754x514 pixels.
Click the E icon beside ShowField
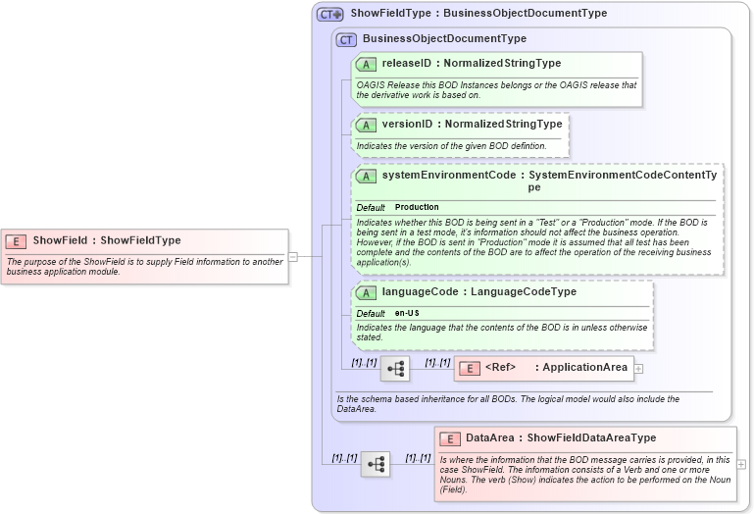coord(16,240)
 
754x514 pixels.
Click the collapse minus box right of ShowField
coord(292,257)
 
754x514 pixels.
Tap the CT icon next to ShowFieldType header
coord(330,15)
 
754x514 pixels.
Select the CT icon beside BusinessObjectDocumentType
coord(346,39)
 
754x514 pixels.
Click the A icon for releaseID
coord(367,64)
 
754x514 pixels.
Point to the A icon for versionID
coord(367,125)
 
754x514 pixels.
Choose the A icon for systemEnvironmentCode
coord(367,176)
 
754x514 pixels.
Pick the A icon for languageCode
coord(367,292)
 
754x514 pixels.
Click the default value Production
coord(417,208)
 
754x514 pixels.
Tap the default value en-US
coord(407,313)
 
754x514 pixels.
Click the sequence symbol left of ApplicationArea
coord(395,369)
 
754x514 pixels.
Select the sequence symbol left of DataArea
coord(376,464)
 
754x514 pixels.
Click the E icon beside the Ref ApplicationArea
coord(470,368)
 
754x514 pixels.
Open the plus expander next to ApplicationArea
coord(639,368)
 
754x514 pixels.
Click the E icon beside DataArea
coord(450,438)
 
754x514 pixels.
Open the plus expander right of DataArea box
coord(741,464)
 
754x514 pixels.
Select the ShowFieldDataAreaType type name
coord(591,438)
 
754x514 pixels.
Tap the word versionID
coord(406,125)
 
